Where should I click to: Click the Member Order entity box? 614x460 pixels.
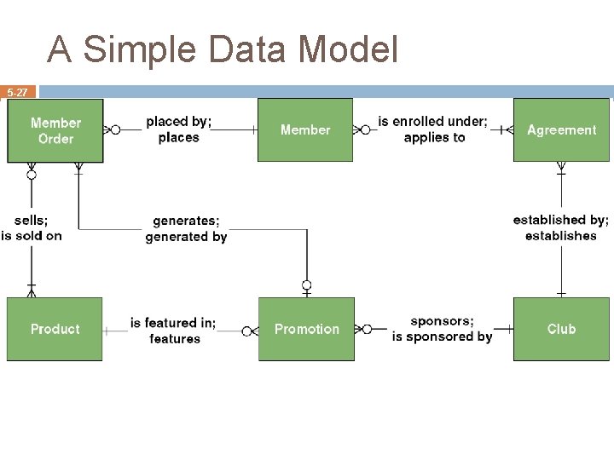click(x=55, y=130)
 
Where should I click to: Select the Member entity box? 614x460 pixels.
click(x=305, y=130)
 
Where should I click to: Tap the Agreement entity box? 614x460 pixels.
click(x=561, y=130)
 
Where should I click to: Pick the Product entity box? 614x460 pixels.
click(x=55, y=329)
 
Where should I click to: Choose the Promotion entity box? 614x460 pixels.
click(x=306, y=329)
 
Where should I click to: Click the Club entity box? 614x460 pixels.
click(x=561, y=329)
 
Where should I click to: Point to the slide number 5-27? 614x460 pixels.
click(x=18, y=92)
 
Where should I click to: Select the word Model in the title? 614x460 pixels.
click(x=349, y=49)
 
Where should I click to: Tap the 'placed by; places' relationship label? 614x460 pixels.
click(x=178, y=129)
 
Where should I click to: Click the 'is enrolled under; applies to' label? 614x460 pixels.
click(x=433, y=129)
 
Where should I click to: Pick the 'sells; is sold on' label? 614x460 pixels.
click(x=32, y=228)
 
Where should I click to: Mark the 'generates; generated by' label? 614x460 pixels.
click(x=186, y=229)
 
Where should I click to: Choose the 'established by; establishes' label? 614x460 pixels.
click(x=560, y=228)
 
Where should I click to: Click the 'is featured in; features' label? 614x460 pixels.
click(x=173, y=331)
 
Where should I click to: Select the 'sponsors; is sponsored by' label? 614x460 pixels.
click(x=442, y=329)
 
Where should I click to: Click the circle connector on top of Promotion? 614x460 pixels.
click(x=306, y=285)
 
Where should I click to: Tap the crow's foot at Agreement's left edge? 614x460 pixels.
click(x=507, y=130)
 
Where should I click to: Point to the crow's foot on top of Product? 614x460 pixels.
click(x=32, y=292)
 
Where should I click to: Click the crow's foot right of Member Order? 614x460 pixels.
click(x=108, y=130)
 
